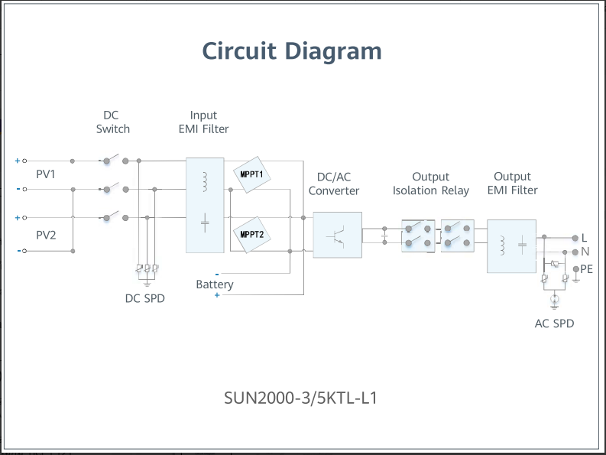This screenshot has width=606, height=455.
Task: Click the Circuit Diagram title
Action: [291, 51]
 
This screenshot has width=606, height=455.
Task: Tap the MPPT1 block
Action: [251, 174]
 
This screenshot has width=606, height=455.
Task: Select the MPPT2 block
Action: [251, 234]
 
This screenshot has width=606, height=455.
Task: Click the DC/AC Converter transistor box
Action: [337, 235]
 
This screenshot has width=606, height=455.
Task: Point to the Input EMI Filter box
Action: [205, 205]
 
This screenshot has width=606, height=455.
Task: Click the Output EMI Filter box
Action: [512, 245]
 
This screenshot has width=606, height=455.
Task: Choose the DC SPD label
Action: [144, 298]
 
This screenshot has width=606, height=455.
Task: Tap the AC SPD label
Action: [554, 323]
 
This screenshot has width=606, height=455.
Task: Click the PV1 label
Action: [46, 174]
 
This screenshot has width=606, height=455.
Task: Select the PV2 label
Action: [46, 235]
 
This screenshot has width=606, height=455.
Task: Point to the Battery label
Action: [215, 284]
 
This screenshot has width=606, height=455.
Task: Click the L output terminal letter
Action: [585, 238]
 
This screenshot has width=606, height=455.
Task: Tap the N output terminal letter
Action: [585, 252]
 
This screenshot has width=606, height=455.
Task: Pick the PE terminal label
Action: [586, 269]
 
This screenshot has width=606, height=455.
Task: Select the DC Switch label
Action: [112, 122]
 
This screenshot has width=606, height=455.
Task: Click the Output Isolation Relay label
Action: [431, 184]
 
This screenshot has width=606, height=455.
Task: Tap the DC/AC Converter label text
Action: [334, 184]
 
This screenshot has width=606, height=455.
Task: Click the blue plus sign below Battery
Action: [217, 295]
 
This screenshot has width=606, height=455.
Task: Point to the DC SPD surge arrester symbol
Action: [147, 269]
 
